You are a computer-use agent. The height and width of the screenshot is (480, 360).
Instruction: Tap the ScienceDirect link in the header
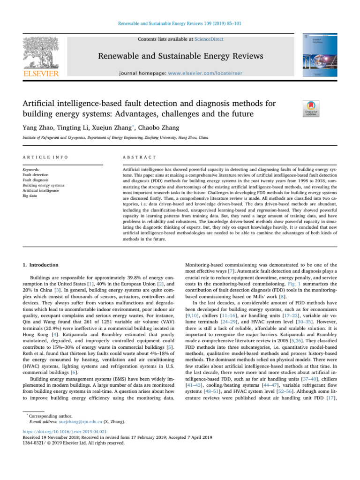(210, 39)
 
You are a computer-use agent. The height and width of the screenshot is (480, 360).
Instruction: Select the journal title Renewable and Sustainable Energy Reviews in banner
(180, 58)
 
